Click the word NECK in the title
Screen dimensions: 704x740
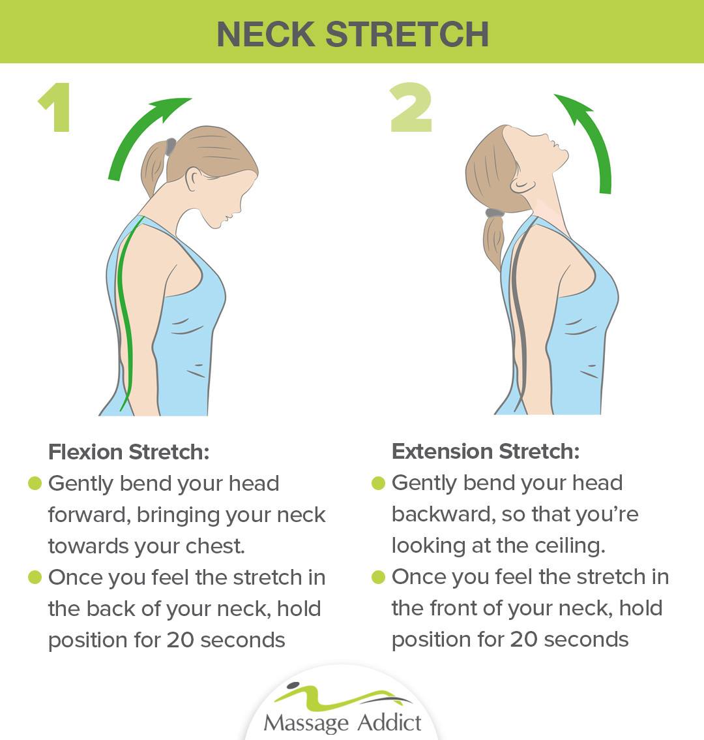265,34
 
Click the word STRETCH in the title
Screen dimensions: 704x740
407,34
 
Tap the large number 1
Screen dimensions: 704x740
56,107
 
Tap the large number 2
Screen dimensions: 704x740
411,107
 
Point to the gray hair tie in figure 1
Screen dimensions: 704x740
170,146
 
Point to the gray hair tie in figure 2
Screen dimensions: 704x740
495,213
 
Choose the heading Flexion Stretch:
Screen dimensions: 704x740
128,452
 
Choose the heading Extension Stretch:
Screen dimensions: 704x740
486,451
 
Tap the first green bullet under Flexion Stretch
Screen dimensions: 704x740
35,484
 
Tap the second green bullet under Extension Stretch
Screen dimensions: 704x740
378,577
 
